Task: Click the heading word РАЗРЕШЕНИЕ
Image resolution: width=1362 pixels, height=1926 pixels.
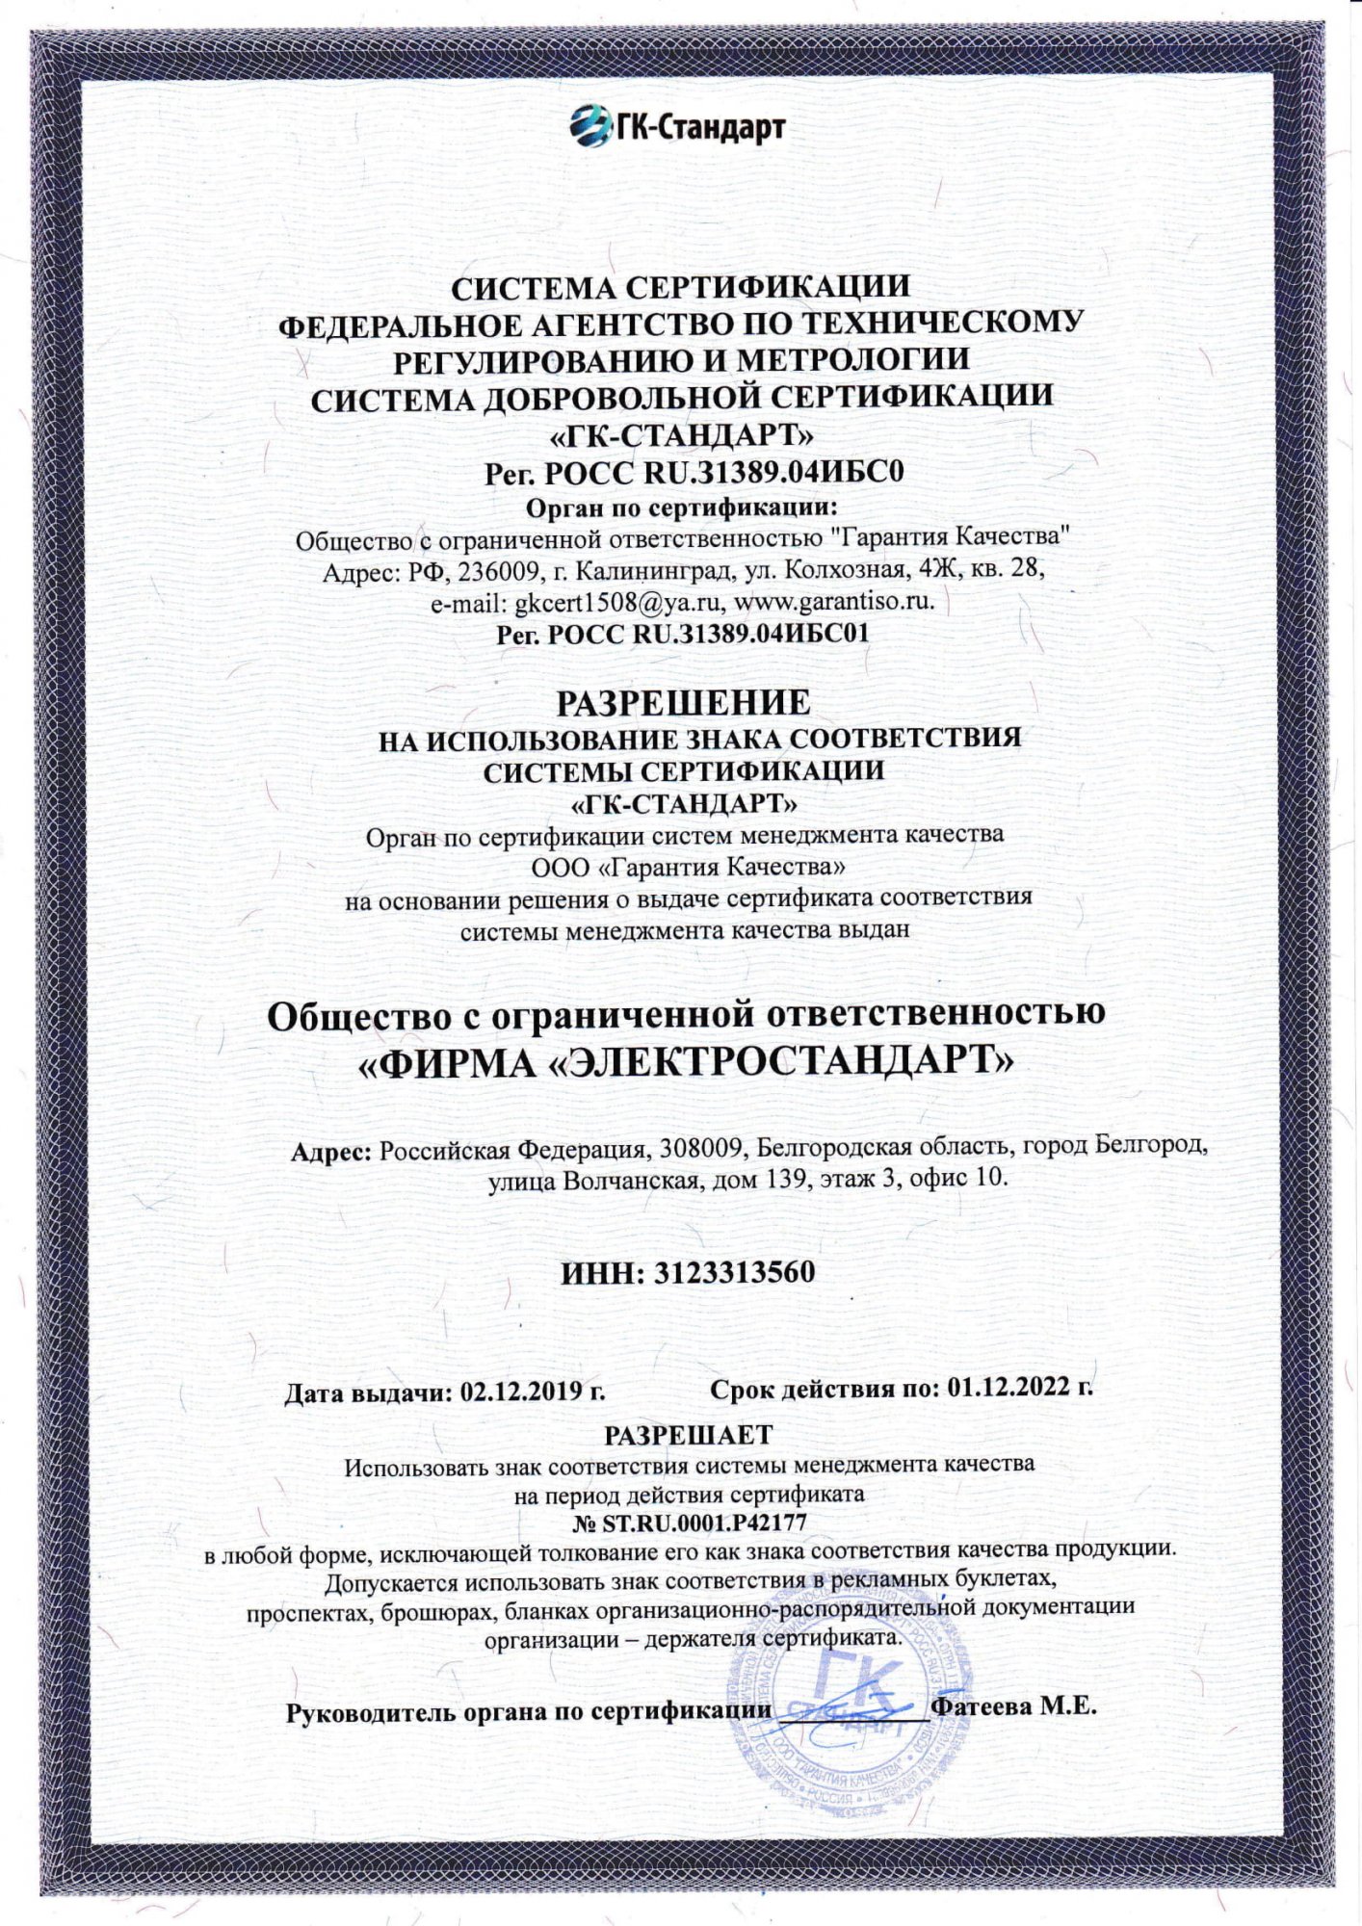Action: (x=683, y=703)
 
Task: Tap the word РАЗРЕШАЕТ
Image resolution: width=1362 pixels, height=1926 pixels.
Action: (x=688, y=1434)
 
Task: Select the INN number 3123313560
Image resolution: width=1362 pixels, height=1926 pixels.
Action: (x=735, y=1272)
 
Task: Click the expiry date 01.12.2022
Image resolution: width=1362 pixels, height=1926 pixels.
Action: (x=1008, y=1387)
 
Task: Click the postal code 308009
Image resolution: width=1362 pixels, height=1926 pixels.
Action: (x=700, y=1148)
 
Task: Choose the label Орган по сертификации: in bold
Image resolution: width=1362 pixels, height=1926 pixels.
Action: (x=682, y=508)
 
